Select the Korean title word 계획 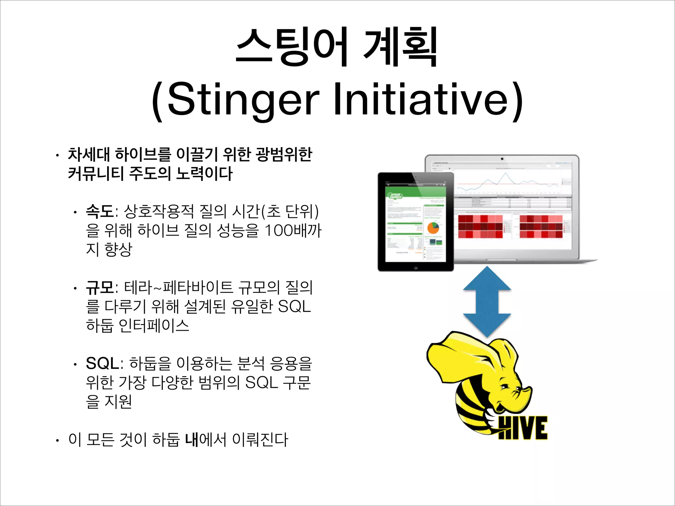tap(400, 47)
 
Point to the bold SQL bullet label tap(102, 363)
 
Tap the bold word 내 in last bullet tap(191, 439)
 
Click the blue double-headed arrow tap(487, 302)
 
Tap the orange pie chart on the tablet tap(433, 228)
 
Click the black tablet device tap(415, 222)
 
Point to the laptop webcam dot tap(502, 159)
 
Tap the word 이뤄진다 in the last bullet tap(260, 439)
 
